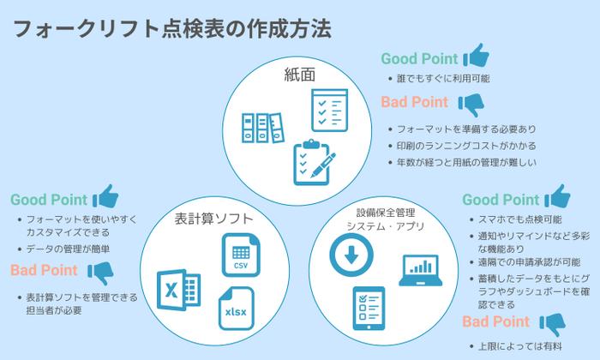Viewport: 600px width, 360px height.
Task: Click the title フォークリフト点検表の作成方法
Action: [x=171, y=28]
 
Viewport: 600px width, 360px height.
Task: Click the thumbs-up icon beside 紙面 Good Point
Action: [x=476, y=57]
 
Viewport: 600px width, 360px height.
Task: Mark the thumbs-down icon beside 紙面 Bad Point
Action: [x=471, y=103]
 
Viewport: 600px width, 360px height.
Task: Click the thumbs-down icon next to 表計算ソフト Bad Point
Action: [x=100, y=273]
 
